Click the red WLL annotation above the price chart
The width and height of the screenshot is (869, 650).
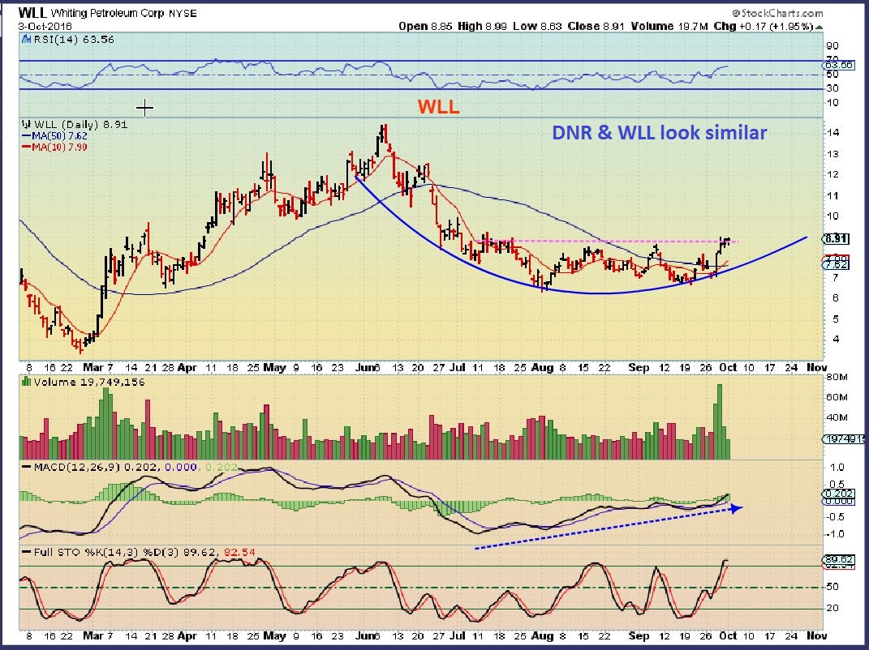click(x=438, y=107)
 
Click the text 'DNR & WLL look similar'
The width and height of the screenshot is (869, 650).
click(x=659, y=133)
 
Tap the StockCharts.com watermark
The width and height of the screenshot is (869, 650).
click(x=777, y=13)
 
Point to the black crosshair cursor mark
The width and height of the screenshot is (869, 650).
click(x=145, y=108)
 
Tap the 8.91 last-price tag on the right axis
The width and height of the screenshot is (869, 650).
click(x=836, y=239)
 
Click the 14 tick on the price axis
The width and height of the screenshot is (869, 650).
click(x=832, y=133)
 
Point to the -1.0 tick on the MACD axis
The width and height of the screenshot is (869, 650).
click(x=836, y=534)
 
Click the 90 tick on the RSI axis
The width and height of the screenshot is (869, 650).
click(x=832, y=47)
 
